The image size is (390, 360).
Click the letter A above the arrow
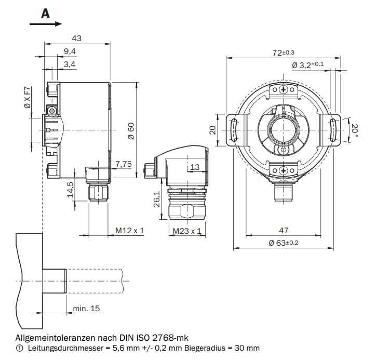point(45,13)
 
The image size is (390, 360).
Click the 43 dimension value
point(77,38)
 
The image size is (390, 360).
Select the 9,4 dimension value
point(70,51)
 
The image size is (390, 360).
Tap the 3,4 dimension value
point(70,64)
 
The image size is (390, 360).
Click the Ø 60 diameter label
point(131,129)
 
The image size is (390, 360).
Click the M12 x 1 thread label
point(129,230)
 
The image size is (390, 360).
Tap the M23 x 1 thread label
point(186,230)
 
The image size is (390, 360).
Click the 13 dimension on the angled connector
point(195,167)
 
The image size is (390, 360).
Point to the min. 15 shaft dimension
point(86,309)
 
